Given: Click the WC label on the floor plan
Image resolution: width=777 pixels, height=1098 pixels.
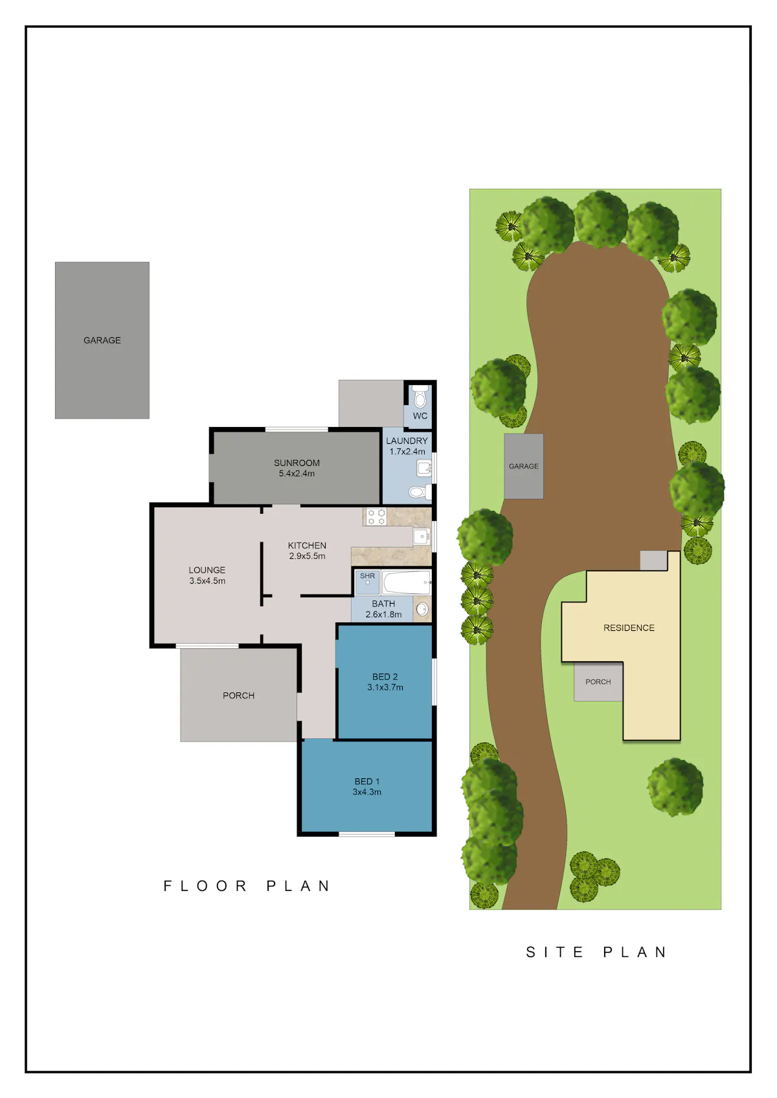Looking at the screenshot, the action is tap(420, 415).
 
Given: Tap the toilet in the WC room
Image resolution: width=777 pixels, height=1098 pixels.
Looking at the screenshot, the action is tap(420, 397).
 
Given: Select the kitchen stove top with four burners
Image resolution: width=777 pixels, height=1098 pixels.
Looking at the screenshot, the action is tap(376, 517).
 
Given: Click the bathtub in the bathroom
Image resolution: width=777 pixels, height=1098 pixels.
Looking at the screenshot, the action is tap(407, 582).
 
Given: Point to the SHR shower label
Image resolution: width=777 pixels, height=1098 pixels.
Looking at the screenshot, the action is tap(367, 576).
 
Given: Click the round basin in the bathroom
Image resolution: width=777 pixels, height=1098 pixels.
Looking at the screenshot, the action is tap(422, 609).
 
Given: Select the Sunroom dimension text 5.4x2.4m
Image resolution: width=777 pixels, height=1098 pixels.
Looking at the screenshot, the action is tap(297, 474).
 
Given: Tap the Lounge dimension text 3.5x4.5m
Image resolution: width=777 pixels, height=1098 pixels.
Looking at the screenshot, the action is tap(207, 581).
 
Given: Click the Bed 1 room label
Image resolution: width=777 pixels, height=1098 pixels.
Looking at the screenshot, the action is tap(367, 782).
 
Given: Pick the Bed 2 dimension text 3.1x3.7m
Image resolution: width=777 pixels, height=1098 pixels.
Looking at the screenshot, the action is tap(385, 687).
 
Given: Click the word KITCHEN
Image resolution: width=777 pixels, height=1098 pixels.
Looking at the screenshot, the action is tap(307, 545).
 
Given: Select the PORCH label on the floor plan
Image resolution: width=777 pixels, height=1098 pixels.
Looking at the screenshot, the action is tap(238, 696).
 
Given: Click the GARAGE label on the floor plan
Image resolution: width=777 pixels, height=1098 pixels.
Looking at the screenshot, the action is tap(102, 340).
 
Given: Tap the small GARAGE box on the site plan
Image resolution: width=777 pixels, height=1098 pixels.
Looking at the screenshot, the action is tap(523, 466).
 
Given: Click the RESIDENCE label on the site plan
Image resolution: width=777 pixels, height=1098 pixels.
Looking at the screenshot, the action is tap(629, 628).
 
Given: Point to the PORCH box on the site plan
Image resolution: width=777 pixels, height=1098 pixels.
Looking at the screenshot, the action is tap(598, 682).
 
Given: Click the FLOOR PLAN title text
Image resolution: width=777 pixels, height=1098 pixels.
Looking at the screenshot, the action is tap(247, 886).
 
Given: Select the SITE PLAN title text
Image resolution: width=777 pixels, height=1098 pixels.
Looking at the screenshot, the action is tap(596, 952).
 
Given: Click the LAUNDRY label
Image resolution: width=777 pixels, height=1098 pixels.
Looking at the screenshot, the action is tap(407, 441).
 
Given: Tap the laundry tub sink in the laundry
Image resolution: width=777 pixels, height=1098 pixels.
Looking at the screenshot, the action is tap(424, 468).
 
